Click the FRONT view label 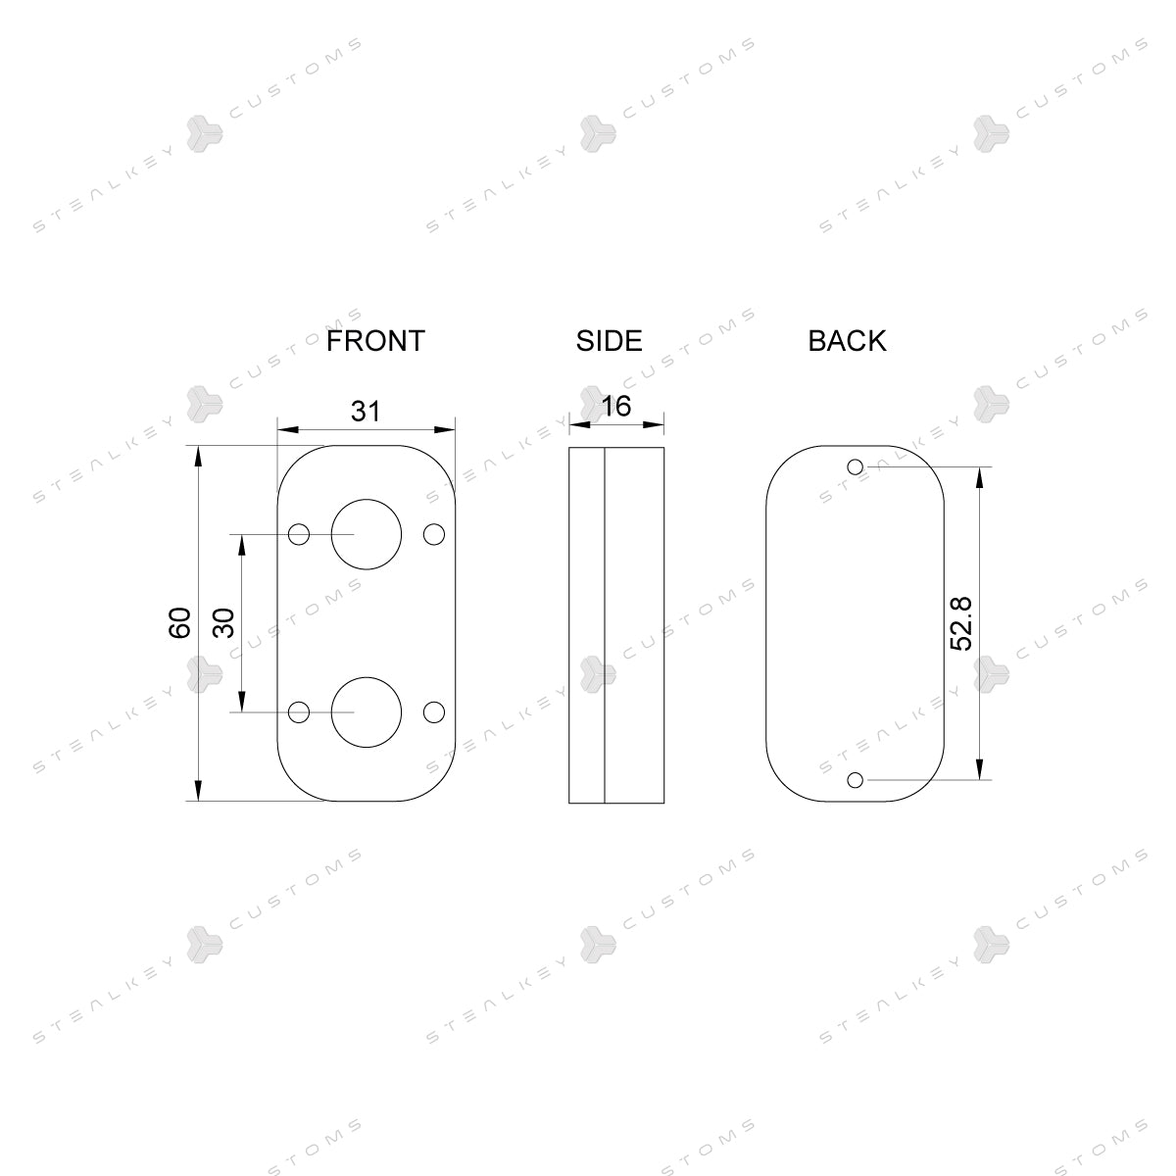click(375, 340)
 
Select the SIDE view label click(609, 340)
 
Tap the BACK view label click(847, 340)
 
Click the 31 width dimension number click(366, 412)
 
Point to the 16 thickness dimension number click(616, 407)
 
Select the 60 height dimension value click(180, 623)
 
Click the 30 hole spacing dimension click(224, 623)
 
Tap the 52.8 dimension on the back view click(961, 623)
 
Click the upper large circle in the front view click(367, 499)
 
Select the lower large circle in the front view click(367, 677)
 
